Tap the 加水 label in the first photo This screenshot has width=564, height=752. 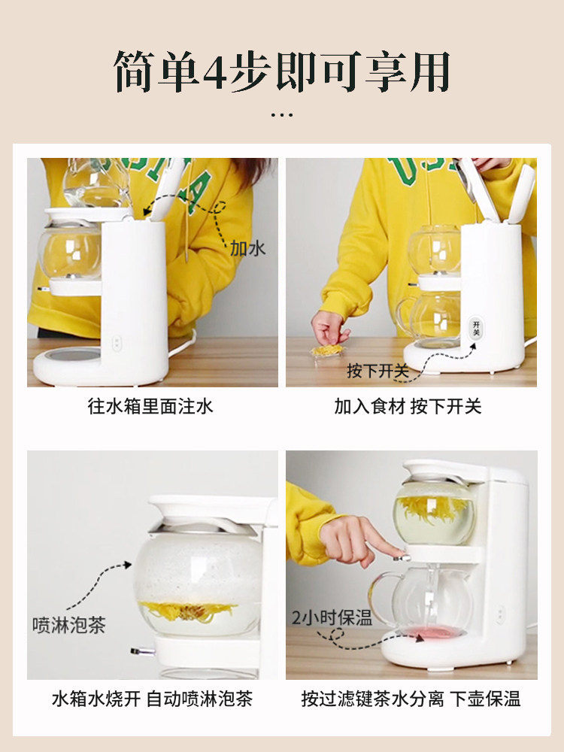point(247,248)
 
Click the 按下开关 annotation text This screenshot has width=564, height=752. point(378,371)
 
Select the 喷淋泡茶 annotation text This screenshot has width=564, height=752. point(68,626)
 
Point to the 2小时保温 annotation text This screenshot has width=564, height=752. point(332,617)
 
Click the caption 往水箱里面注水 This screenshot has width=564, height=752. point(150,407)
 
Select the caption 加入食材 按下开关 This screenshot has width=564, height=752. point(408,407)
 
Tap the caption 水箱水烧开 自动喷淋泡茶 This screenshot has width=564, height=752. point(152,699)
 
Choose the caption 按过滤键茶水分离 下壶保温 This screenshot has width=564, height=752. point(411,699)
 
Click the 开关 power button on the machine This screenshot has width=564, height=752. point(476,329)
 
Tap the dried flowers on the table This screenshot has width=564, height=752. point(328,351)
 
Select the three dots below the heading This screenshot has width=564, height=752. point(282,114)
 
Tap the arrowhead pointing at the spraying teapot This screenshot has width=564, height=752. point(127,565)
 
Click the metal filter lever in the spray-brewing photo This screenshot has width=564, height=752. point(143,651)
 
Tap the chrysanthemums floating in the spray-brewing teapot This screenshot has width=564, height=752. point(188,611)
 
